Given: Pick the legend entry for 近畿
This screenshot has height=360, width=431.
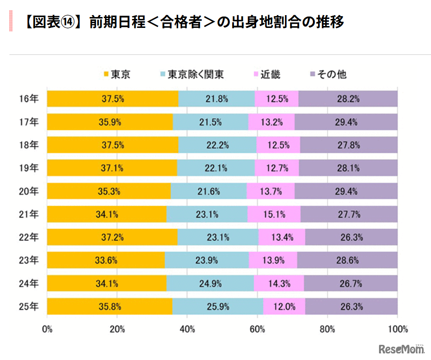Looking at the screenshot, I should click(267, 74).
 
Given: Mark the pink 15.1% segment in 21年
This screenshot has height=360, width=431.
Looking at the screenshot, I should click(274, 214).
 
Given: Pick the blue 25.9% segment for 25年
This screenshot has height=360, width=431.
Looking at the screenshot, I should click(217, 307).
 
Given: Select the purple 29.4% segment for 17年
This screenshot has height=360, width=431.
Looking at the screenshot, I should click(345, 122).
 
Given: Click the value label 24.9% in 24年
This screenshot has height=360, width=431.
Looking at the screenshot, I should click(210, 283).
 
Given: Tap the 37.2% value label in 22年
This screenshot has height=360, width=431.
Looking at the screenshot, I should click(112, 237).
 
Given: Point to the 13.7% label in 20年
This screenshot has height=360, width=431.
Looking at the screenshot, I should click(270, 191).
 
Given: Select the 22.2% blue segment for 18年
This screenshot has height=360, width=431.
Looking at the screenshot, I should click(217, 145).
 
